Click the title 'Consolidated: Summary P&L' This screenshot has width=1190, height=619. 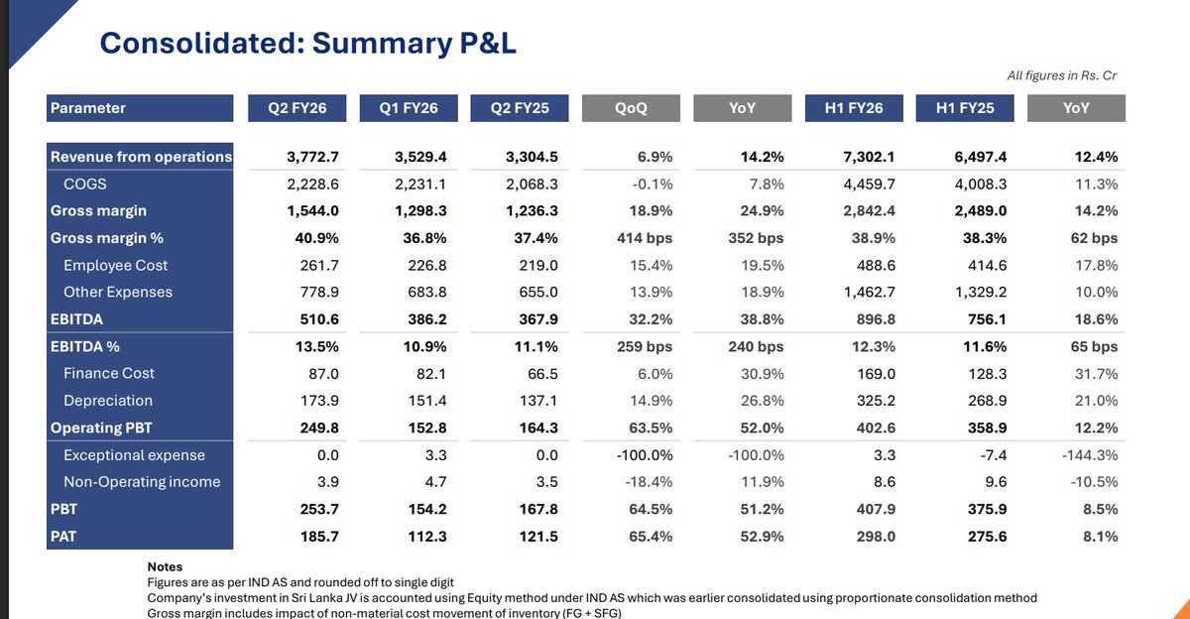point(308,44)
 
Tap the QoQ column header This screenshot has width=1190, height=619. point(630,108)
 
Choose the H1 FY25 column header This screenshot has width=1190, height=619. point(965,108)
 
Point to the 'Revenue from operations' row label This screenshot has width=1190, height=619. point(141,157)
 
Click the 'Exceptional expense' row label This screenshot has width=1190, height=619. point(134,455)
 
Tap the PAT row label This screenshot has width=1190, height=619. point(65,536)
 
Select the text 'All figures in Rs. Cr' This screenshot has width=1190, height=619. point(1061,75)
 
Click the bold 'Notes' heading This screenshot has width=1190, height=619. point(165,567)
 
